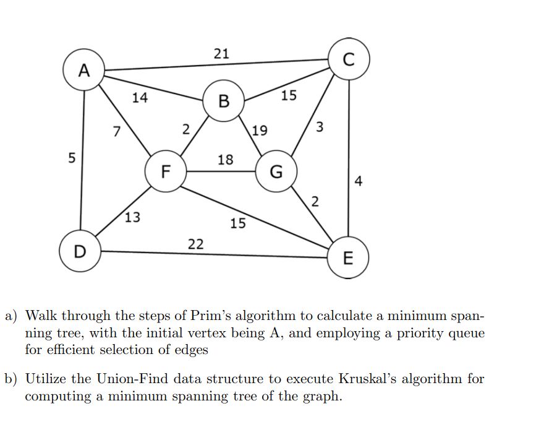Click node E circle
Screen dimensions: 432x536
348,258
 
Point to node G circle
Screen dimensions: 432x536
276,171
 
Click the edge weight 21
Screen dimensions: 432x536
221,54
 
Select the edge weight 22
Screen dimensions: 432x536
195,243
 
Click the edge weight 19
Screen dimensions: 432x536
260,131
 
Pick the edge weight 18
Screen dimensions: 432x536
226,160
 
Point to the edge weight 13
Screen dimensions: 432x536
132,217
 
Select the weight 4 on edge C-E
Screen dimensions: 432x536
360,181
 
